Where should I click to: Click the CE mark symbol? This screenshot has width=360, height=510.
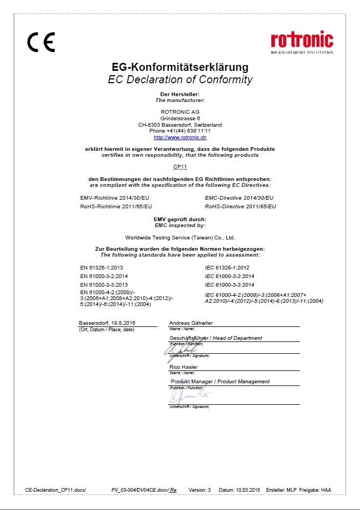pos(41,42)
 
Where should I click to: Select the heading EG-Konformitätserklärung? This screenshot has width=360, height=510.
pos(180,68)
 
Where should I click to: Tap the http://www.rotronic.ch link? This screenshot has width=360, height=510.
pos(180,137)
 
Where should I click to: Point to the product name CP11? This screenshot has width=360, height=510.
pos(180,167)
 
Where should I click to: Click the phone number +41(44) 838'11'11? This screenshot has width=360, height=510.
pos(180,131)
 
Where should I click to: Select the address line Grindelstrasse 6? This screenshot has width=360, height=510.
pos(180,118)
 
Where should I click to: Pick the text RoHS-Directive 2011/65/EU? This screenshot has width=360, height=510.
pos(240,206)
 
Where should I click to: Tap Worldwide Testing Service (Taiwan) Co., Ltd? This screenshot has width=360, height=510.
pos(180,237)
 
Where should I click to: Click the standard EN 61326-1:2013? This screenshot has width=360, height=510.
pos(102,267)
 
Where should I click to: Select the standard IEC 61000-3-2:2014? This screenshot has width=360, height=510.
pos(229,276)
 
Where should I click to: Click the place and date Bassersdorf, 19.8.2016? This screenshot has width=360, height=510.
pos(107,323)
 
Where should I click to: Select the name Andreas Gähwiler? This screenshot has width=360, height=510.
pos(191,323)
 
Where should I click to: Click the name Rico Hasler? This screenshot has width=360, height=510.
pos(184,367)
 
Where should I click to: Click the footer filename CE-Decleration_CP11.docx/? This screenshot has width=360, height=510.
pos(55,490)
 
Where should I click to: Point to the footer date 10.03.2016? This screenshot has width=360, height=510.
pos(247,490)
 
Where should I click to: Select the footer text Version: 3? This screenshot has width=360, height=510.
pos(200,490)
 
